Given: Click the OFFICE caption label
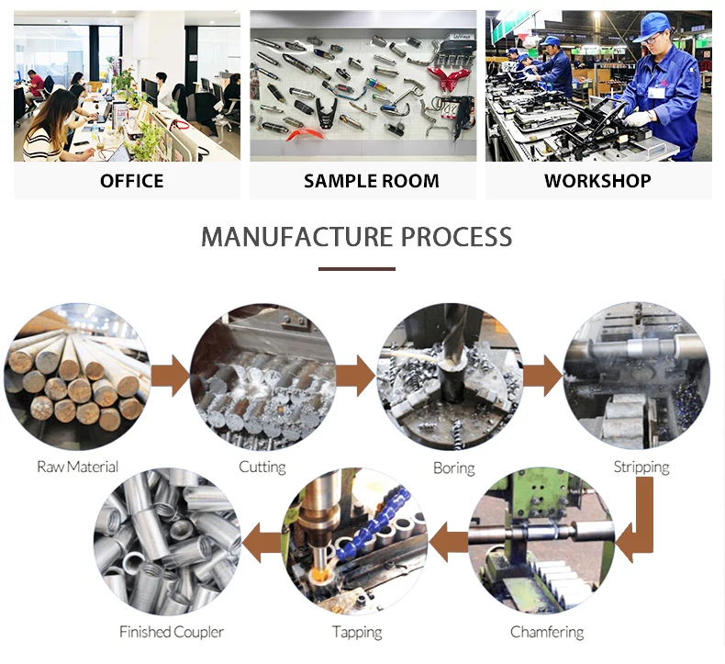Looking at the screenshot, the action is [x=131, y=181].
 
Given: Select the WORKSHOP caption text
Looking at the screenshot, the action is [x=597, y=181].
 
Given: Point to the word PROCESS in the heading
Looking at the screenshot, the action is [x=452, y=237].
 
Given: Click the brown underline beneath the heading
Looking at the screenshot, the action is [x=357, y=269].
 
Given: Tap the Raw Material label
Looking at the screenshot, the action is [x=77, y=467].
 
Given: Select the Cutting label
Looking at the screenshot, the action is [x=262, y=467].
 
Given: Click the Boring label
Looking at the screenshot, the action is [x=453, y=468].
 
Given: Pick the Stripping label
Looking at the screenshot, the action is [x=641, y=467].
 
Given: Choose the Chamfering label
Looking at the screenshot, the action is [x=547, y=632].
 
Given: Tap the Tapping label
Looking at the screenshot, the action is [x=357, y=632].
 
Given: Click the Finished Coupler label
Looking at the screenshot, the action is [x=171, y=632].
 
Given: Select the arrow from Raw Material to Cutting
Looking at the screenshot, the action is [x=170, y=376].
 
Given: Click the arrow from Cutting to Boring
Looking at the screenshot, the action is [x=356, y=376].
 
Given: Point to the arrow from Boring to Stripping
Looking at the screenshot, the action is [x=543, y=376].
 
